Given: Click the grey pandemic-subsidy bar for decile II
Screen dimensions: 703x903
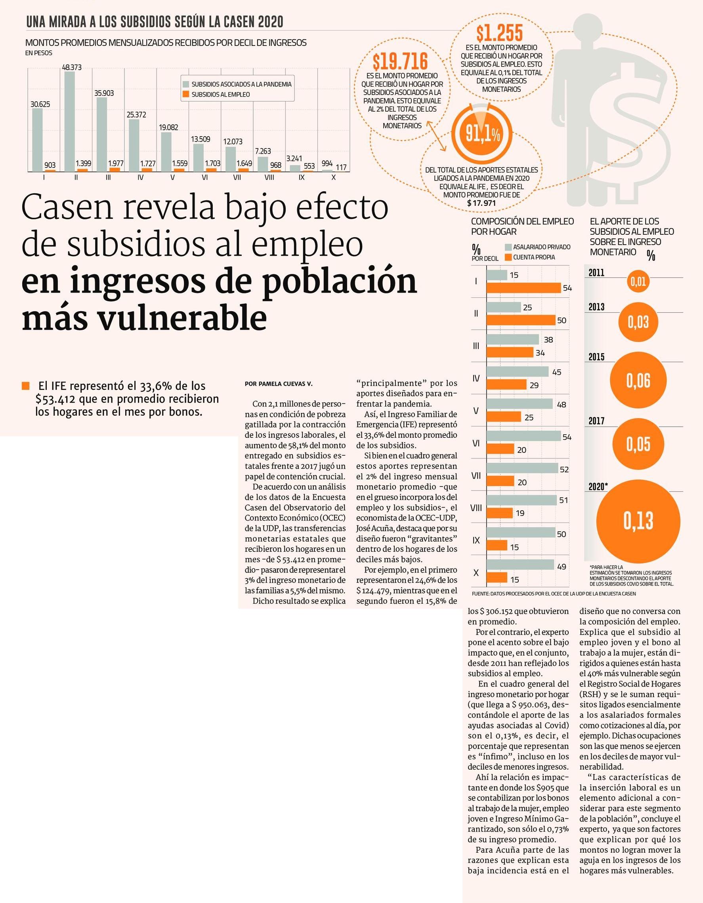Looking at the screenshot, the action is click(69, 121).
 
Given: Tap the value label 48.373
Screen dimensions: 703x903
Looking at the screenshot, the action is click(72, 67).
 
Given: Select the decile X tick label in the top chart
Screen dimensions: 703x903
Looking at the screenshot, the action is click(334, 177).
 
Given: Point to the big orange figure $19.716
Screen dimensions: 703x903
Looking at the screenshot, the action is click(400, 62).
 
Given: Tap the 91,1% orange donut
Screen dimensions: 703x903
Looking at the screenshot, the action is click(483, 134).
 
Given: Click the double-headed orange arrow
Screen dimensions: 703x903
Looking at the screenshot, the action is click(434, 136).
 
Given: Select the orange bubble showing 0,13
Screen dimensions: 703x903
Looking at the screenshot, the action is click(638, 521).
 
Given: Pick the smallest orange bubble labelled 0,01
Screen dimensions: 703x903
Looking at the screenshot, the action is click(638, 282).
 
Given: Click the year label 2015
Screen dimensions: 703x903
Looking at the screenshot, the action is click(596, 357).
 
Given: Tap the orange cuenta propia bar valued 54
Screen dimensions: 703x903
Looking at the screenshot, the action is click(523, 288).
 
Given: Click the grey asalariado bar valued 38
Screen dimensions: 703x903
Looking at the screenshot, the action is click(513, 339).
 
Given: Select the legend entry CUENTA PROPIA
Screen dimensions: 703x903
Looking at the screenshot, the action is click(530, 257).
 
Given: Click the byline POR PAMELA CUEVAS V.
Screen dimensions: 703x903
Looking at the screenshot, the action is click(279, 384).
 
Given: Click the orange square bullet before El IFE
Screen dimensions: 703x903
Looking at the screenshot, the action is click(26, 386).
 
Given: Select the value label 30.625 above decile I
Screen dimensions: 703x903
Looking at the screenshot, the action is click(40, 104).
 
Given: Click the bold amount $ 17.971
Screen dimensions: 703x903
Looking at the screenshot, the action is click(481, 203).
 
